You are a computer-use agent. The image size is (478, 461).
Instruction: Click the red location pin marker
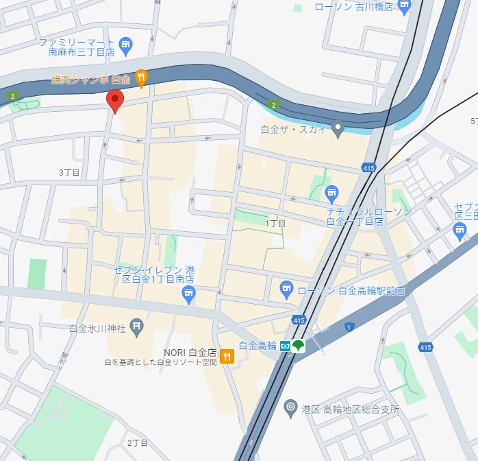tap(115, 100)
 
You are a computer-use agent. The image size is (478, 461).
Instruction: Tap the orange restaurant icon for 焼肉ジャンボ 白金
tap(141, 79)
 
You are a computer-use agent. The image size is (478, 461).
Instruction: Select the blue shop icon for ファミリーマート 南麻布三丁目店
tap(125, 47)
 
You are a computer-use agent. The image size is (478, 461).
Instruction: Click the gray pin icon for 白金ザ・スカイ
tap(337, 128)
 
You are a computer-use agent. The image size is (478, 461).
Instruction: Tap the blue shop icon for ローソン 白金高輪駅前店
tap(286, 290)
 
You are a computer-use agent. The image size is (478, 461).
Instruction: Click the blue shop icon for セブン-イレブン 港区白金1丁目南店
tap(189, 296)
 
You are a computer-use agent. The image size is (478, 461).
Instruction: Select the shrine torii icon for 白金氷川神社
tap(137, 329)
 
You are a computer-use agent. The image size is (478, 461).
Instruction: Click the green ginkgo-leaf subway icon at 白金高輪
tap(299, 346)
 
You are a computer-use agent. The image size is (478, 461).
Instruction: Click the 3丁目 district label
tap(69, 172)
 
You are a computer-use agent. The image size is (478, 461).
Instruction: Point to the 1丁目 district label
tap(275, 223)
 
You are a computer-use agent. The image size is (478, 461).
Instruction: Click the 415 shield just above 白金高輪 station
tap(299, 320)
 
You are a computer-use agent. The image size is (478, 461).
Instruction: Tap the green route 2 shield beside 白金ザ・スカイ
tap(274, 105)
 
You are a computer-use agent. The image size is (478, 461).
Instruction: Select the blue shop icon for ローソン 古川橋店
tap(405, 8)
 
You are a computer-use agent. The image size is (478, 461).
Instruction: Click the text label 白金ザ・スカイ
tap(294, 128)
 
